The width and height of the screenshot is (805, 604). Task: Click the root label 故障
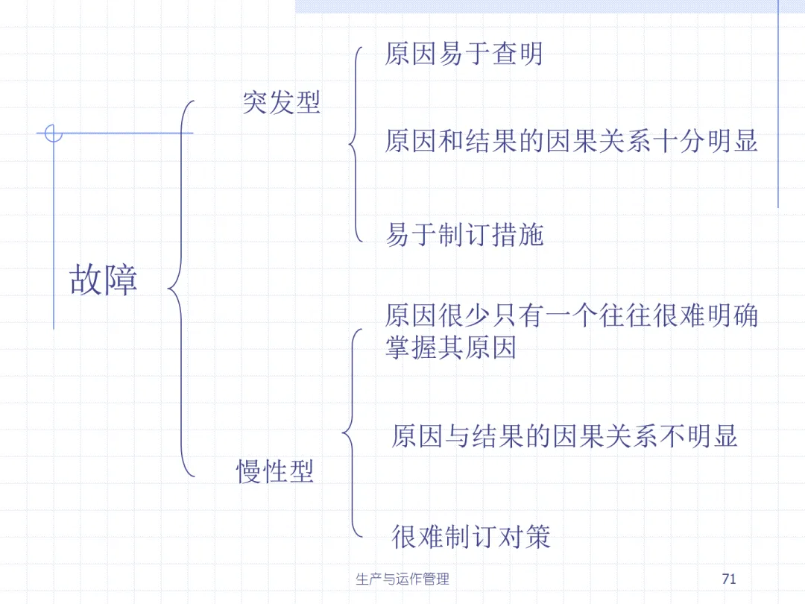pos(104,280)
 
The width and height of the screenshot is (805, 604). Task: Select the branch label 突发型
pos(281,102)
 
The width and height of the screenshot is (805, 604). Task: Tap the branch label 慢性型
pos(275,471)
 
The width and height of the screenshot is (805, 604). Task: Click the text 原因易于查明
pos(464,54)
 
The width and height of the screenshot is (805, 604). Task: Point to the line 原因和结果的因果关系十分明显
pos(571,140)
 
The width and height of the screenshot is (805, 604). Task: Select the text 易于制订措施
pos(464,235)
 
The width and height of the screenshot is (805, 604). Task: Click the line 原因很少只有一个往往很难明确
pos(571,316)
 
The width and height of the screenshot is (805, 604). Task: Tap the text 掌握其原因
pos(450,347)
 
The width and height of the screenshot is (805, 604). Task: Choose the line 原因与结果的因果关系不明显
pos(564,436)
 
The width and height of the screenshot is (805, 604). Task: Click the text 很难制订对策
pos(470,536)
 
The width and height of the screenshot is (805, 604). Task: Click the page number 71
pos(729,579)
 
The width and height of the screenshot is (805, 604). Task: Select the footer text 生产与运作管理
pos(402,579)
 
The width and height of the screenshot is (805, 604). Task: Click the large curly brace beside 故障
pos(179,287)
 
